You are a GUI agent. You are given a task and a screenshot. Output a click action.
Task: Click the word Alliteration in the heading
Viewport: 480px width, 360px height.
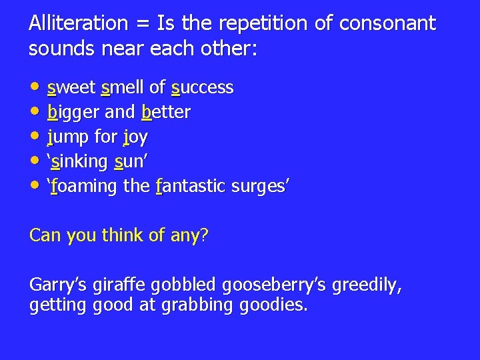(78, 24)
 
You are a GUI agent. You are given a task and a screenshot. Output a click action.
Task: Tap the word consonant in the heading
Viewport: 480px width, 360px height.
(387, 24)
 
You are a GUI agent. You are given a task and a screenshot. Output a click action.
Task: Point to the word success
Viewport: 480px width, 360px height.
(202, 87)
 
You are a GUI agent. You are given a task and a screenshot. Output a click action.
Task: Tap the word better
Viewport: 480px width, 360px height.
(166, 112)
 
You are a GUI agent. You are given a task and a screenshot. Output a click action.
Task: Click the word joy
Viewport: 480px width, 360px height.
(135, 137)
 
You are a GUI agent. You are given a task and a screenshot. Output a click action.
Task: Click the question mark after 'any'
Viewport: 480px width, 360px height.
(204, 235)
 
